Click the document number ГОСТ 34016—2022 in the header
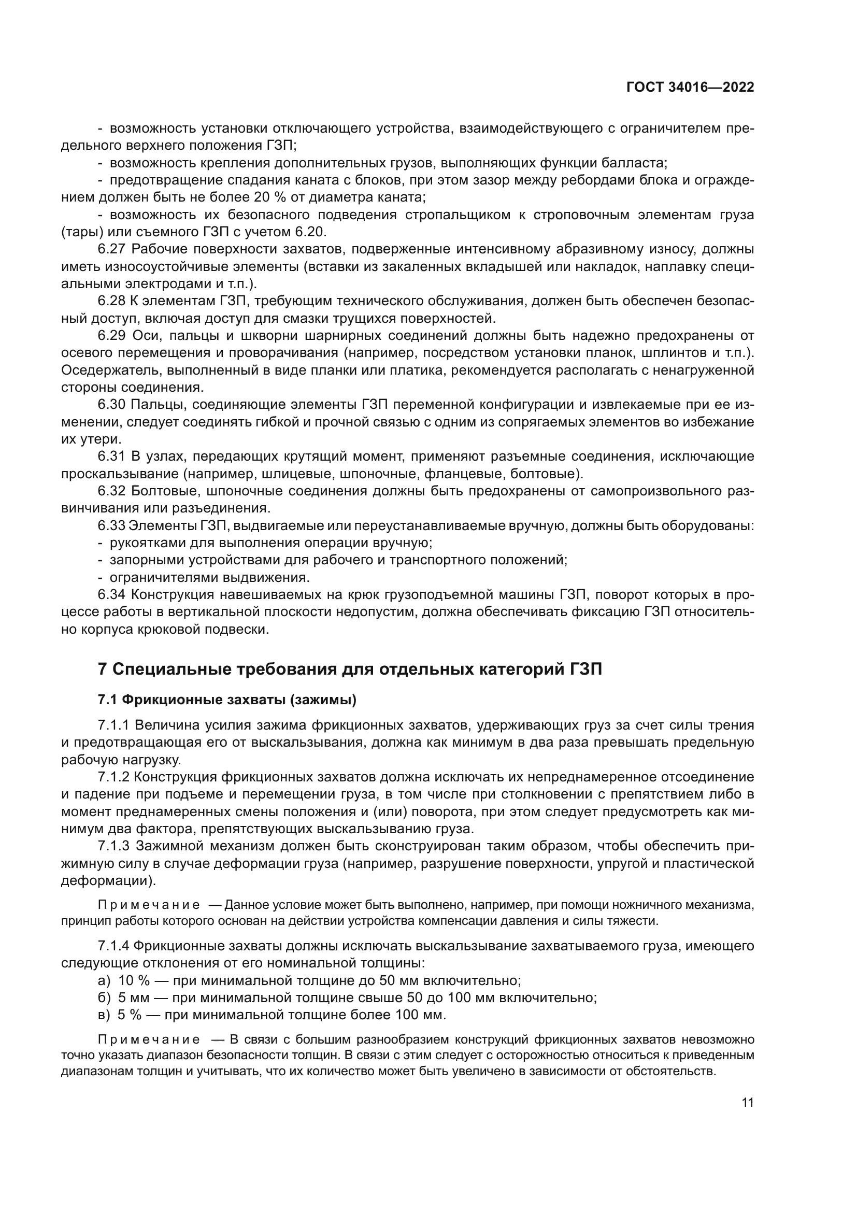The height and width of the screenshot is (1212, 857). pos(690,88)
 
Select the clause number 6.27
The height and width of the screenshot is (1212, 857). pos(112,249)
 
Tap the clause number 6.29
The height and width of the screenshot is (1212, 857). pos(112,336)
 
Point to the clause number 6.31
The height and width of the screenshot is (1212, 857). pos(112,456)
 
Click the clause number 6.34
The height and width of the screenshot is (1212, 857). pos(112,594)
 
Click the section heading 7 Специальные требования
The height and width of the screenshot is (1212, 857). pos(350,669)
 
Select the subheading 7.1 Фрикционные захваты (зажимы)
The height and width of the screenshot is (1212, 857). pos(227,700)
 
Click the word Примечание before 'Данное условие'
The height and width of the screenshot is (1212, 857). pos(149,905)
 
